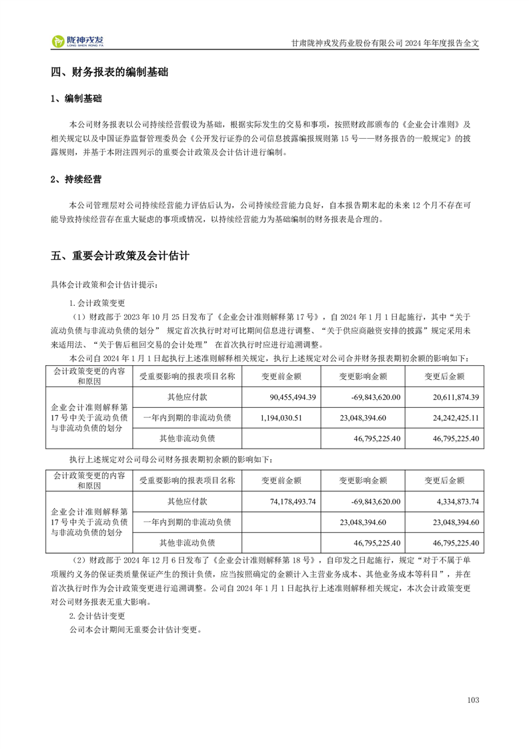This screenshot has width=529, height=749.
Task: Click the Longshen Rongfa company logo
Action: [79, 41]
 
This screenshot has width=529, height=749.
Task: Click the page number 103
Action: [474, 700]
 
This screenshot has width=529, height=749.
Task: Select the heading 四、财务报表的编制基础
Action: [109, 73]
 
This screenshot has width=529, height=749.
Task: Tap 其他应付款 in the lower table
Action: [187, 501]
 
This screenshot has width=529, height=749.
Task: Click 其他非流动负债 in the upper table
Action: [187, 439]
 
